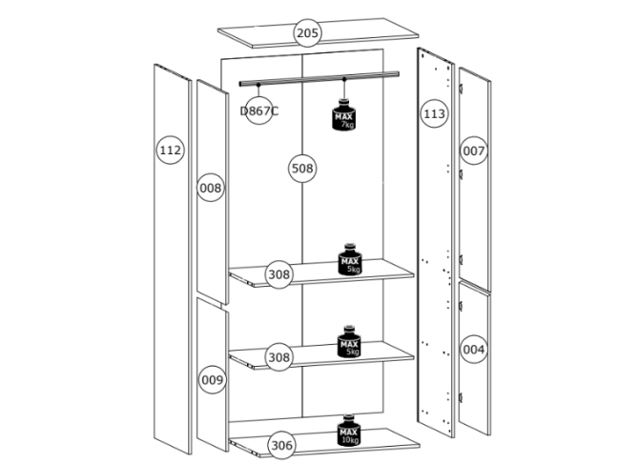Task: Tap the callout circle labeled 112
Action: click(171, 151)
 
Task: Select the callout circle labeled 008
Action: click(212, 188)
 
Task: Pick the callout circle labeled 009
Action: click(212, 379)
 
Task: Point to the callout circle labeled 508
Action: click(302, 169)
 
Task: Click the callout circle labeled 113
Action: click(434, 114)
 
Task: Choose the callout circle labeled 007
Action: click(474, 151)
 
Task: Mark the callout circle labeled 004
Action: click(474, 350)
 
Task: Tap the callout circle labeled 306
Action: click(280, 444)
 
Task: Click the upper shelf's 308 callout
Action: click(278, 275)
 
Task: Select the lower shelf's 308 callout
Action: click(278, 357)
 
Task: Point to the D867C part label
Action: click(258, 111)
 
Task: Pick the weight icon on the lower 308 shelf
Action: click(350, 342)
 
